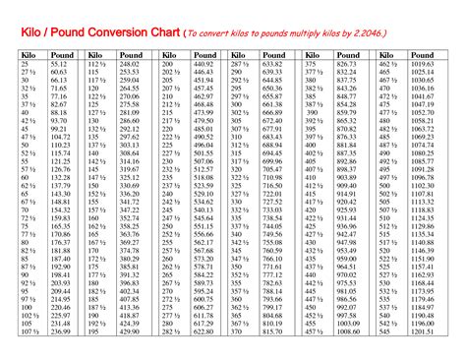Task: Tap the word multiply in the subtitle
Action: pyautogui.click(x=313, y=38)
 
